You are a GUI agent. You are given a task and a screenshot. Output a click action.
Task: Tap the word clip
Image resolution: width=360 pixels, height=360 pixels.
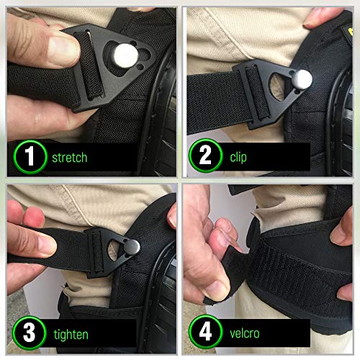click(238, 156)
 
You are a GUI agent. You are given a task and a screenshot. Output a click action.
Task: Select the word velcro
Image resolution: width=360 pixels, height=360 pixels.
click(246, 334)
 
